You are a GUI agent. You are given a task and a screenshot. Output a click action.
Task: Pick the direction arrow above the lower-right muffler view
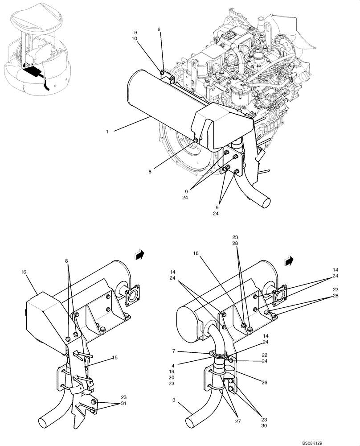290,260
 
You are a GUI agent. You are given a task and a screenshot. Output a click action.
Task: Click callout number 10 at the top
135,39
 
